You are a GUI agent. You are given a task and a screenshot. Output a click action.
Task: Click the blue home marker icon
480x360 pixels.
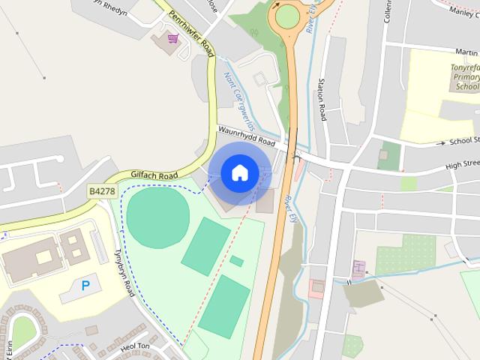coord(238,173)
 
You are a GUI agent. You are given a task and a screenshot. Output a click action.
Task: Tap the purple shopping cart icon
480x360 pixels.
coord(173,37)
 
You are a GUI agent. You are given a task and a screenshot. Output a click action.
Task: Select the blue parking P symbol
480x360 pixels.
coord(85,285)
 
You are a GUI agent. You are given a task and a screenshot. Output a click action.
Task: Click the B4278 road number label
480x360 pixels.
coord(102,192)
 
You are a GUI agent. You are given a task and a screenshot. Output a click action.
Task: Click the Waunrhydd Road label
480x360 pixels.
coord(247,136)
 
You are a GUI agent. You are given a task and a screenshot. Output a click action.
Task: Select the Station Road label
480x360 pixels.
coord(322,99)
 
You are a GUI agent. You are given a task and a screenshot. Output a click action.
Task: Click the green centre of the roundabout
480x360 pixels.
coord(287,16)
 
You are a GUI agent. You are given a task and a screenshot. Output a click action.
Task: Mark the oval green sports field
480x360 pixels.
coord(157,215)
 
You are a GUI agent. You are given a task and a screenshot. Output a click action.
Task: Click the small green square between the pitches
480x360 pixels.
coord(237,261)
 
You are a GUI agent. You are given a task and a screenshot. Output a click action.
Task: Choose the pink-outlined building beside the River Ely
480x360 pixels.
coord(317,287)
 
